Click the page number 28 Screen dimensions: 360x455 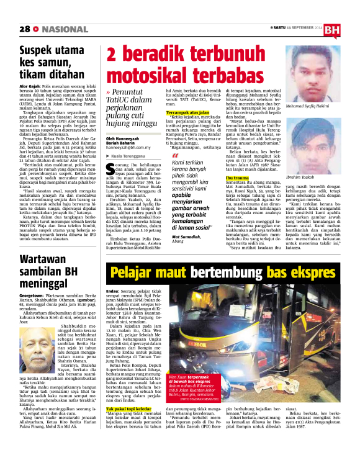point(25,29)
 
